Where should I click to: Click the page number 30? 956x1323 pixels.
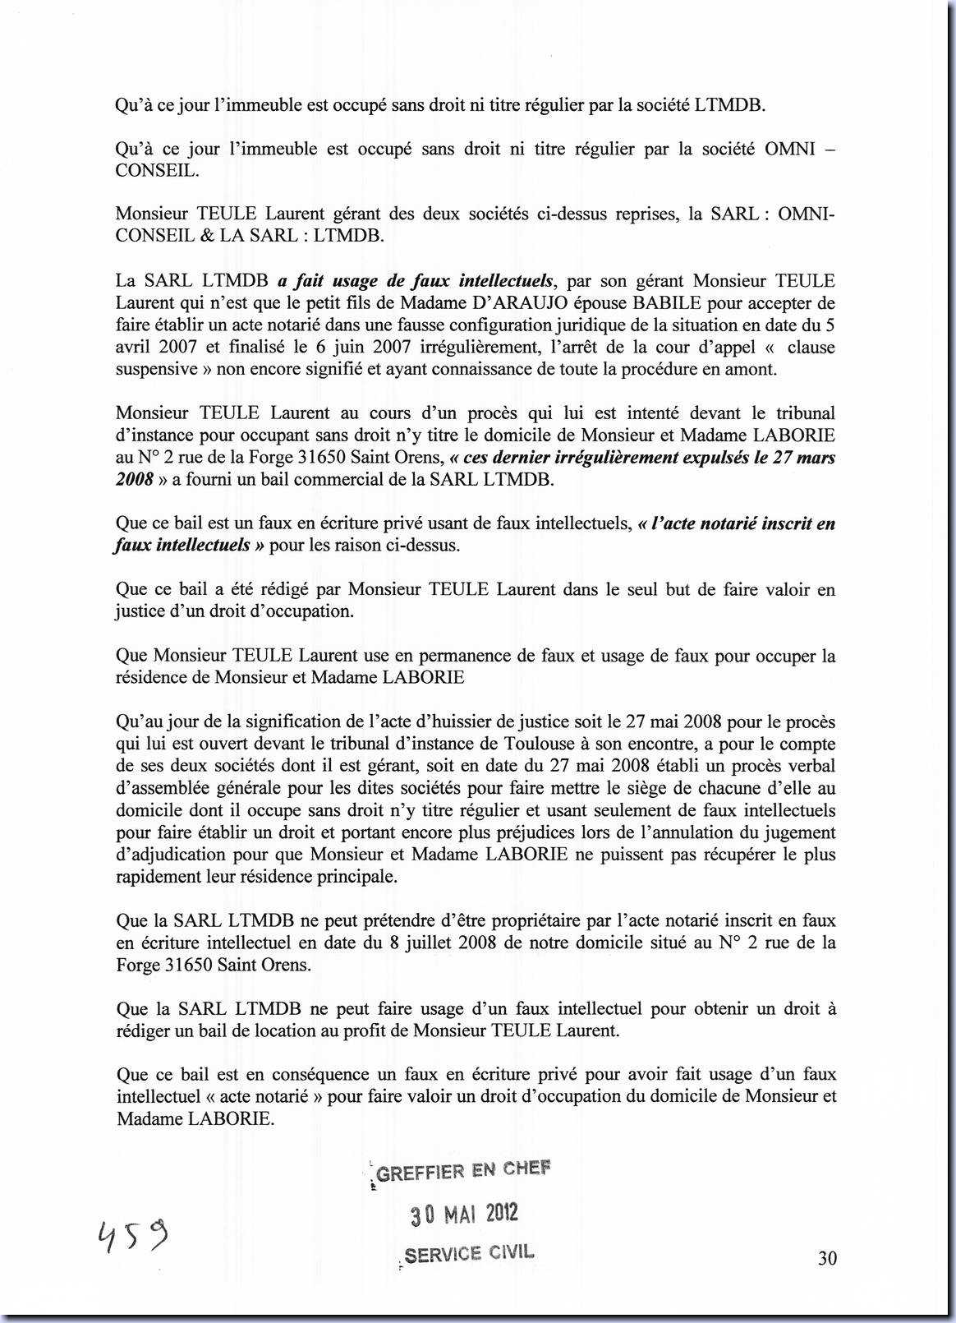[x=827, y=1258]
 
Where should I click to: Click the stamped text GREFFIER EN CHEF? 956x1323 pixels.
[x=463, y=1170]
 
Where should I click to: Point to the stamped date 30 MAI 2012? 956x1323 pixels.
[x=464, y=1214]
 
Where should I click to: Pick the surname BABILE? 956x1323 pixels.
[x=673, y=302]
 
